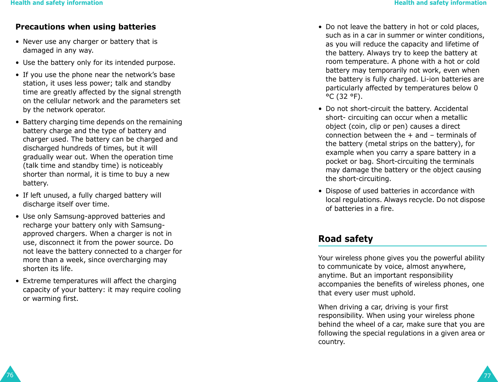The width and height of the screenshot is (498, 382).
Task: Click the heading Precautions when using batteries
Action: (86, 27)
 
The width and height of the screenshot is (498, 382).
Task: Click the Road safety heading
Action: (345, 239)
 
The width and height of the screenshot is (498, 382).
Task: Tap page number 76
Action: (10, 375)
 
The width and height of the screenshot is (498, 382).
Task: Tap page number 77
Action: (487, 376)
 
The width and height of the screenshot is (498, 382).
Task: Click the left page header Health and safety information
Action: (56, 3)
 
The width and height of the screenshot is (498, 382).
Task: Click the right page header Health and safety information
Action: (440, 3)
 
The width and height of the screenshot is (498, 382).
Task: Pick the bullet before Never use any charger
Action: (17, 42)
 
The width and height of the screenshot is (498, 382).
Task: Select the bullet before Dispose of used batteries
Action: (320, 191)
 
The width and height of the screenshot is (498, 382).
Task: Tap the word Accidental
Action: (451, 109)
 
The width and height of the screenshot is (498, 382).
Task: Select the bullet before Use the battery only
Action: (17, 63)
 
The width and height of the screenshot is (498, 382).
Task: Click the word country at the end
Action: (331, 342)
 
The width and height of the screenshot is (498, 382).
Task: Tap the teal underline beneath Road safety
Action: (402, 246)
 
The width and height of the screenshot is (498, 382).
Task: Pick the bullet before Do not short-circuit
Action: (320, 109)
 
